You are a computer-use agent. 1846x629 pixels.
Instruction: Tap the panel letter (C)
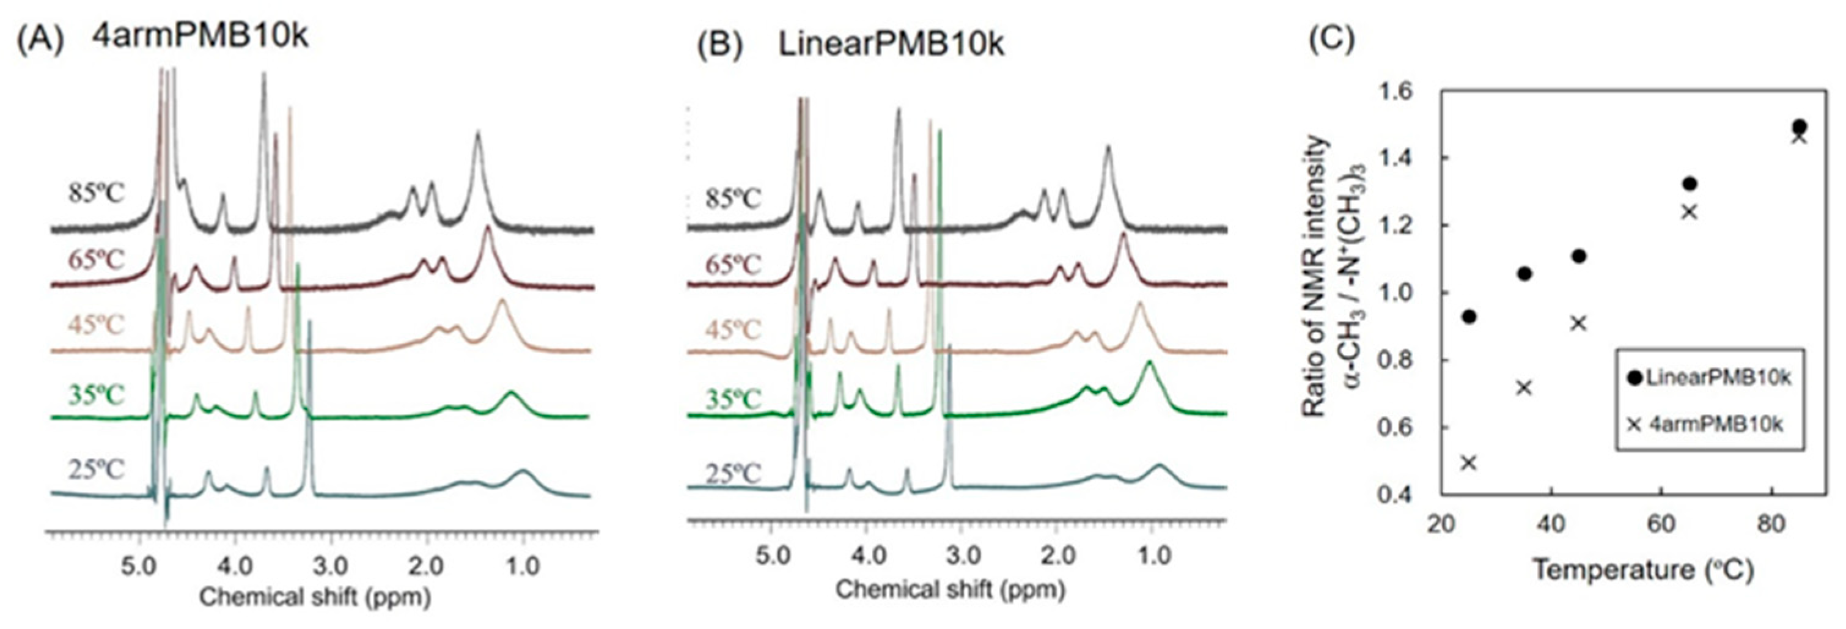coord(1331,39)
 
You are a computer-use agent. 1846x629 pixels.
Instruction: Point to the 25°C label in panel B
coord(732,474)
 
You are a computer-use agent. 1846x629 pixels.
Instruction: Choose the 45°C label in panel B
coord(732,330)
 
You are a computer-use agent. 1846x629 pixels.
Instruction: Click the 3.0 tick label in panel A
coord(331,565)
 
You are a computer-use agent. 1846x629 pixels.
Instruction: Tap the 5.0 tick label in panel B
coord(772,556)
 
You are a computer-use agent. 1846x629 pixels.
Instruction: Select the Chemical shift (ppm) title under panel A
coord(315,597)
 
